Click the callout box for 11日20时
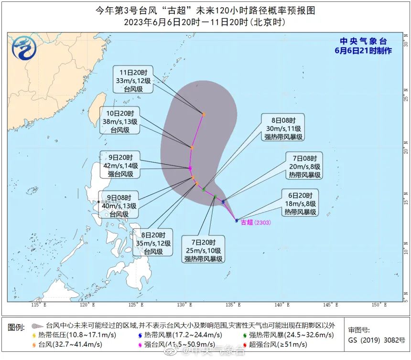coord(133,79)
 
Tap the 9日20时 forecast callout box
coord(120,164)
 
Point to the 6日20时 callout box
coord(301,203)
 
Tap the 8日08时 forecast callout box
coord(283,127)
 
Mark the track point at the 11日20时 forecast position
coord(204,115)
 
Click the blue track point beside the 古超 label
coord(237,221)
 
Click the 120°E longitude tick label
coord(86,305)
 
